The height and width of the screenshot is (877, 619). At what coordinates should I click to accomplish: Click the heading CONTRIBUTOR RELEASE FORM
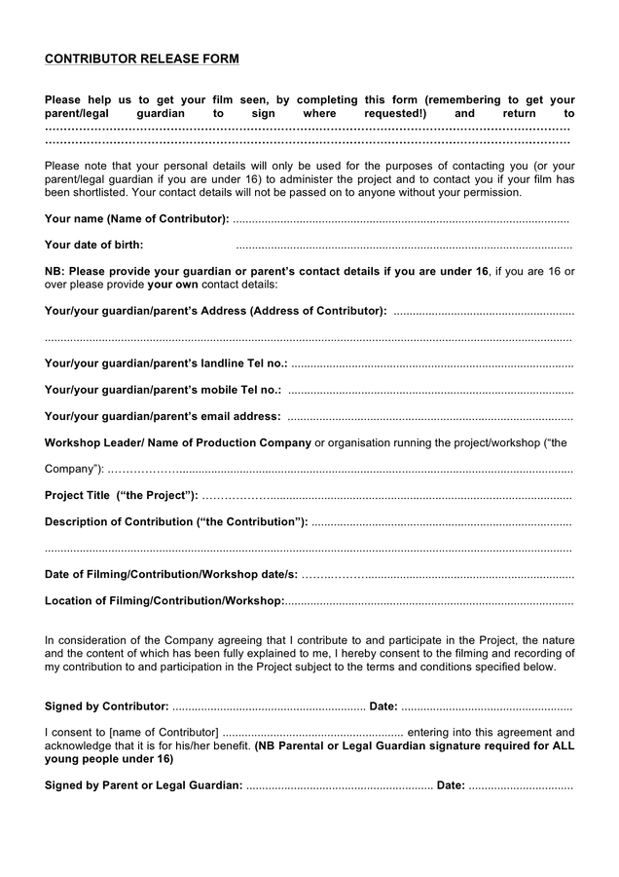point(141,59)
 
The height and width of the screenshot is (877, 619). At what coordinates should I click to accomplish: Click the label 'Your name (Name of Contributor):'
point(137,218)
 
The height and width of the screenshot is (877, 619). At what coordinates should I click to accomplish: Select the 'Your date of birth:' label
point(93,245)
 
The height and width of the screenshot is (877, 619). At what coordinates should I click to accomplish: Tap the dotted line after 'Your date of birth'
point(404,246)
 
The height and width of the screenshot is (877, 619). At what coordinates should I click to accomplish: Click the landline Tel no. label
point(165,363)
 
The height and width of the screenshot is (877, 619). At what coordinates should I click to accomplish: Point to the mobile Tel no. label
point(163,390)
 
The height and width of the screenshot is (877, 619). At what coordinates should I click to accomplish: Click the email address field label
point(163,416)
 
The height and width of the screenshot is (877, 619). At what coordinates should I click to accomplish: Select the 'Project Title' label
point(122,495)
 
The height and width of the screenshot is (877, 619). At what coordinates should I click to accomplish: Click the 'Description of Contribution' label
point(176,521)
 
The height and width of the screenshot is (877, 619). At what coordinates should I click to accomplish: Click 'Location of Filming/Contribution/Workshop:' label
point(164,600)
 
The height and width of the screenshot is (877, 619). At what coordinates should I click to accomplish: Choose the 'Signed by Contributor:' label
point(107,705)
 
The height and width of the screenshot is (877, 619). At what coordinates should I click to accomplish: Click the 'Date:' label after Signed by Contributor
point(383,705)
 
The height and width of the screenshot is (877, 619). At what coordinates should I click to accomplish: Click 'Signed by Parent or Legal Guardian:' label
point(144,784)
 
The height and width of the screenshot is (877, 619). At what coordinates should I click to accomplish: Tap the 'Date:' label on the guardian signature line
point(451,784)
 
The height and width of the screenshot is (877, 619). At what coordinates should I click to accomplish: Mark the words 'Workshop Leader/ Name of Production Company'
point(178,442)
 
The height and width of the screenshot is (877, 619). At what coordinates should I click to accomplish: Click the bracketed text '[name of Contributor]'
point(164,732)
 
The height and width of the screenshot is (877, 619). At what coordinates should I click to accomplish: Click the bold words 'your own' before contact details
point(173,285)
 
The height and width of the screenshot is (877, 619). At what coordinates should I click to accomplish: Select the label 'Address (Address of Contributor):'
point(293,311)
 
